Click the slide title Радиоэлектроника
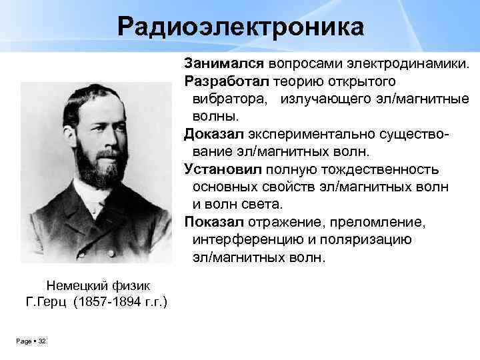click(x=241, y=27)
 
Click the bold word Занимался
click(x=224, y=63)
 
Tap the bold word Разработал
click(x=227, y=81)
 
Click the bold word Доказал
click(x=213, y=134)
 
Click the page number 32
click(x=42, y=341)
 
